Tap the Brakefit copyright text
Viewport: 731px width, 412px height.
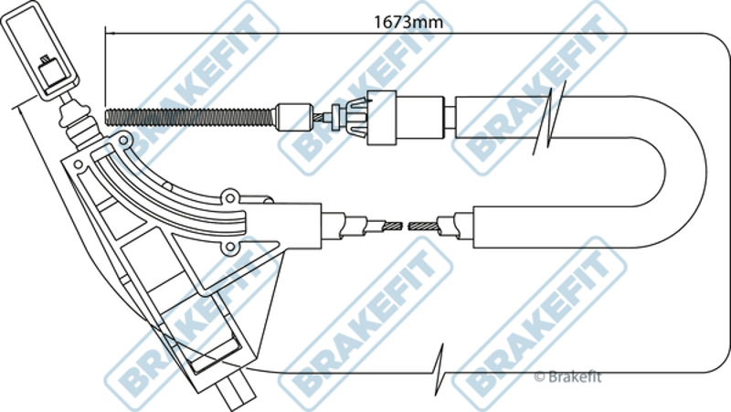pos(568,374)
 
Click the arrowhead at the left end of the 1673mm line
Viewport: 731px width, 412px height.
pos(109,35)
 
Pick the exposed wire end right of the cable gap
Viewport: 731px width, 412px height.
pos(424,224)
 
